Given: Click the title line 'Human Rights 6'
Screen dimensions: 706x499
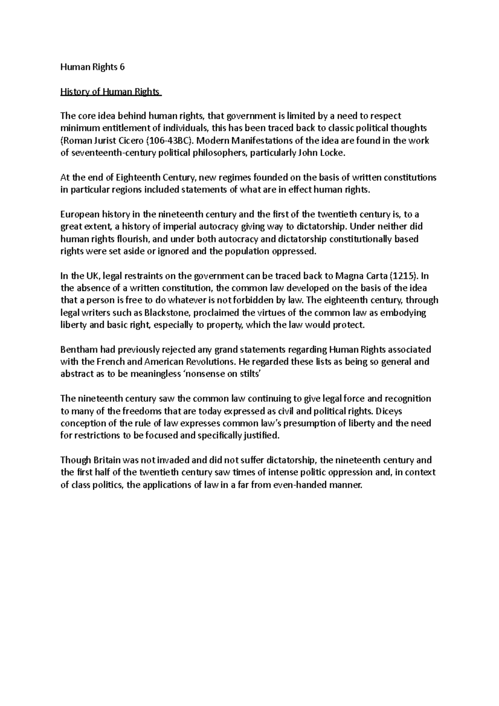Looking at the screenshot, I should pos(92,67).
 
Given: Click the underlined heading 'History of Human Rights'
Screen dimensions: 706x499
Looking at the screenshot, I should pos(111,92).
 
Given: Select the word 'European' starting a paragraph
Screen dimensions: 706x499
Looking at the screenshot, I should pos(80,215).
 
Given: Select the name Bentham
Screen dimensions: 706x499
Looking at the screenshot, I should pos(76,349).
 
